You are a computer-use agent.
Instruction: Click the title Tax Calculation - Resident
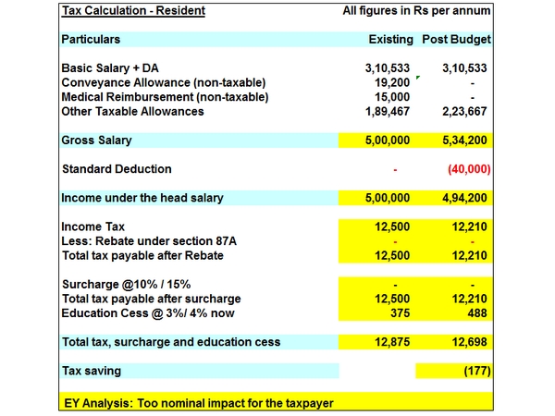tap(133, 11)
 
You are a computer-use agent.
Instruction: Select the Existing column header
tap(389, 40)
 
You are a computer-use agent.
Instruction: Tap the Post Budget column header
tap(456, 40)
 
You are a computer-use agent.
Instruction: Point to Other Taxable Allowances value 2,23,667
tap(464, 111)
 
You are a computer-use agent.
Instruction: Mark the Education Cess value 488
tap(475, 312)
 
